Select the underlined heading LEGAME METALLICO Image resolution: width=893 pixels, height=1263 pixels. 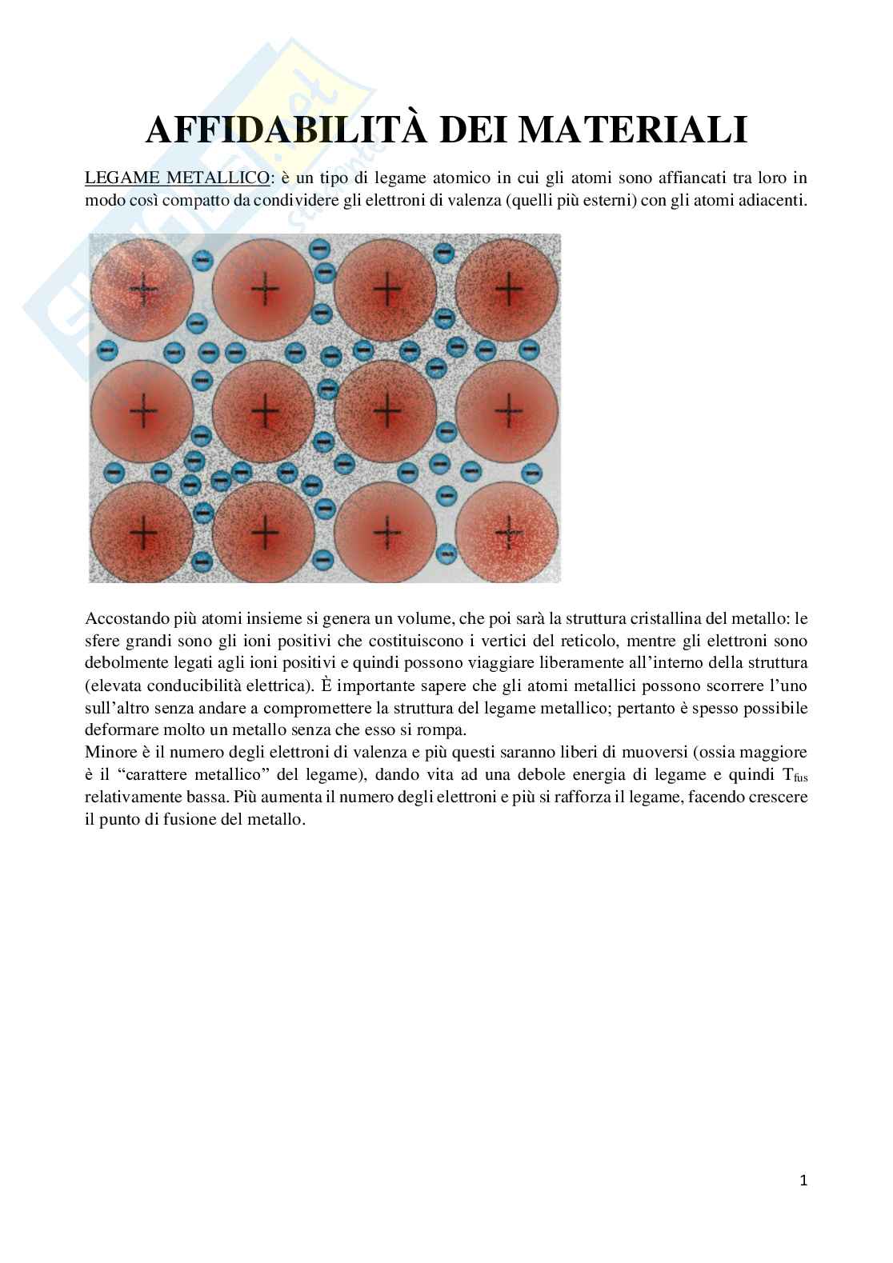(x=178, y=178)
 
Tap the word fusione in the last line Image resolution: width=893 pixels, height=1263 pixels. (x=176, y=820)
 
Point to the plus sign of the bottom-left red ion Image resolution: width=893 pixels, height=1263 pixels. (x=144, y=530)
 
